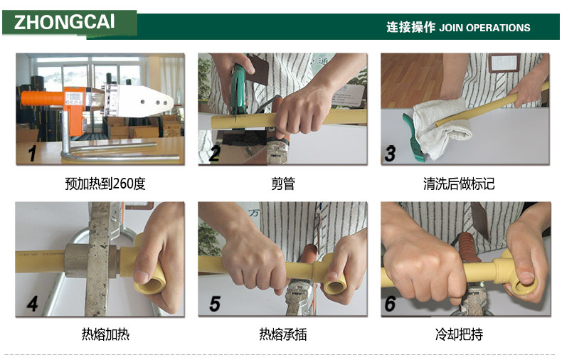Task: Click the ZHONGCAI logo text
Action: (x=65, y=22)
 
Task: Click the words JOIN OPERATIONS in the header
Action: (x=484, y=28)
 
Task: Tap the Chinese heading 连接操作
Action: (x=410, y=27)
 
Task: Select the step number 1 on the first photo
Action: (x=32, y=153)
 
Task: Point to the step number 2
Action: (x=215, y=153)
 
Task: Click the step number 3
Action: (x=390, y=153)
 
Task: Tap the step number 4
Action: (x=32, y=304)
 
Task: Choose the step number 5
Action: (x=215, y=304)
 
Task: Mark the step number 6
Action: (x=390, y=304)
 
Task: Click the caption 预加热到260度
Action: (x=105, y=184)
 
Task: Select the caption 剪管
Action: (x=283, y=184)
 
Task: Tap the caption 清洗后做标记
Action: (x=459, y=184)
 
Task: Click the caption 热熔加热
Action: (x=105, y=334)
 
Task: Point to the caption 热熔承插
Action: (x=283, y=334)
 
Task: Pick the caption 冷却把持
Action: (x=459, y=334)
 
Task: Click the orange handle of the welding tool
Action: (x=42, y=98)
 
